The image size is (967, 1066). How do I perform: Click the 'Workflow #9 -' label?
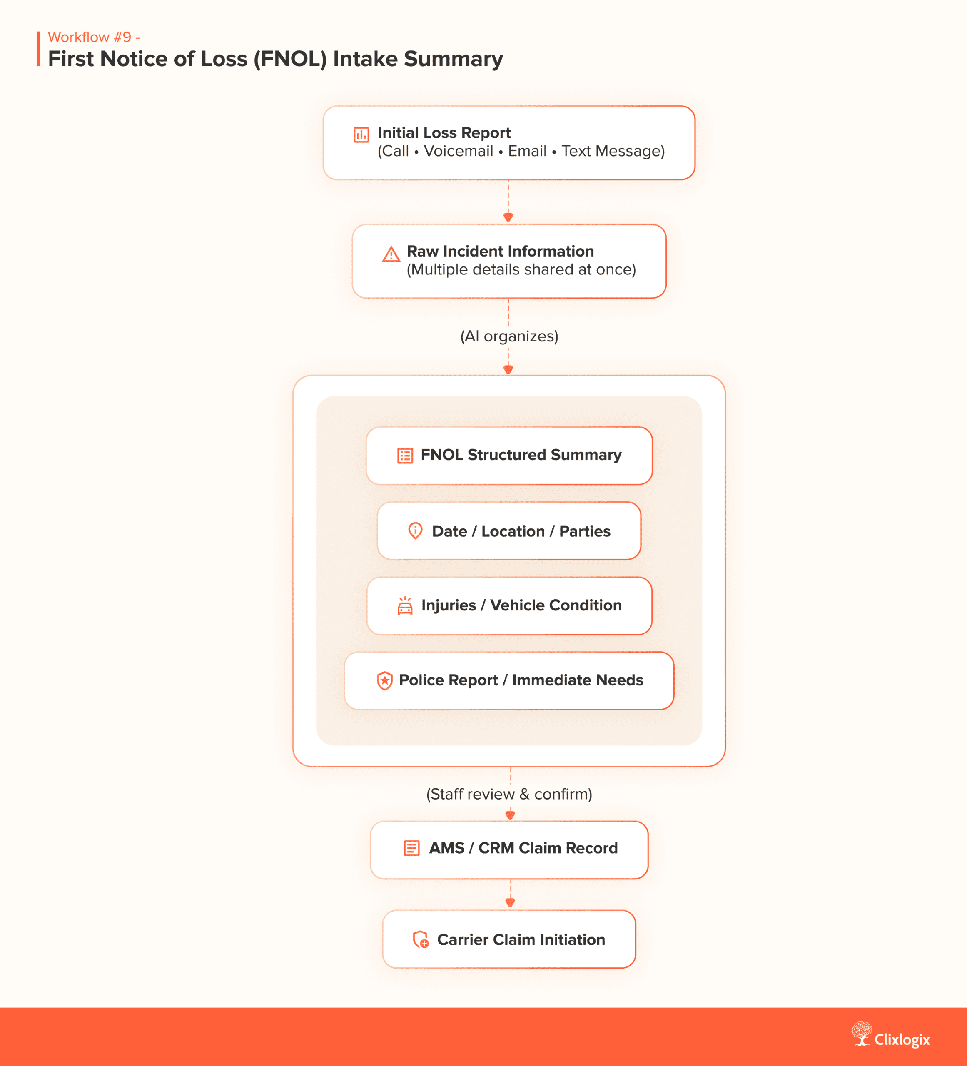tap(94, 37)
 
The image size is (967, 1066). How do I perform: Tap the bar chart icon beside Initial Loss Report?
tap(361, 135)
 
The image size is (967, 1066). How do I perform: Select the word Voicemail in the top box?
tap(458, 151)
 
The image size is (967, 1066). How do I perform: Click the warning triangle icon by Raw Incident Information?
tap(391, 254)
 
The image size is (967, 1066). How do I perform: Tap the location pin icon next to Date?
tap(415, 531)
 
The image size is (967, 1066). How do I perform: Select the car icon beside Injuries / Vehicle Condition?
tap(405, 606)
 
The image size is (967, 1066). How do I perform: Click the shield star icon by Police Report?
tap(384, 680)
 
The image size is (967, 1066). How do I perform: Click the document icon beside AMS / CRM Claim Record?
tap(411, 848)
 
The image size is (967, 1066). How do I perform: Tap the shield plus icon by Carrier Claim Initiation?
tap(420, 940)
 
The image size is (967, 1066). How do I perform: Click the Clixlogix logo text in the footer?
tap(902, 1040)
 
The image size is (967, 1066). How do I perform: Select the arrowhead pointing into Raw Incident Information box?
tap(508, 217)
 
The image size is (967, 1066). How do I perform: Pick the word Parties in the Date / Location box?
tap(584, 531)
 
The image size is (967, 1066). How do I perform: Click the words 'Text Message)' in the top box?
tap(613, 151)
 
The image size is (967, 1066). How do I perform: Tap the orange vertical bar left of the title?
tap(38, 49)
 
